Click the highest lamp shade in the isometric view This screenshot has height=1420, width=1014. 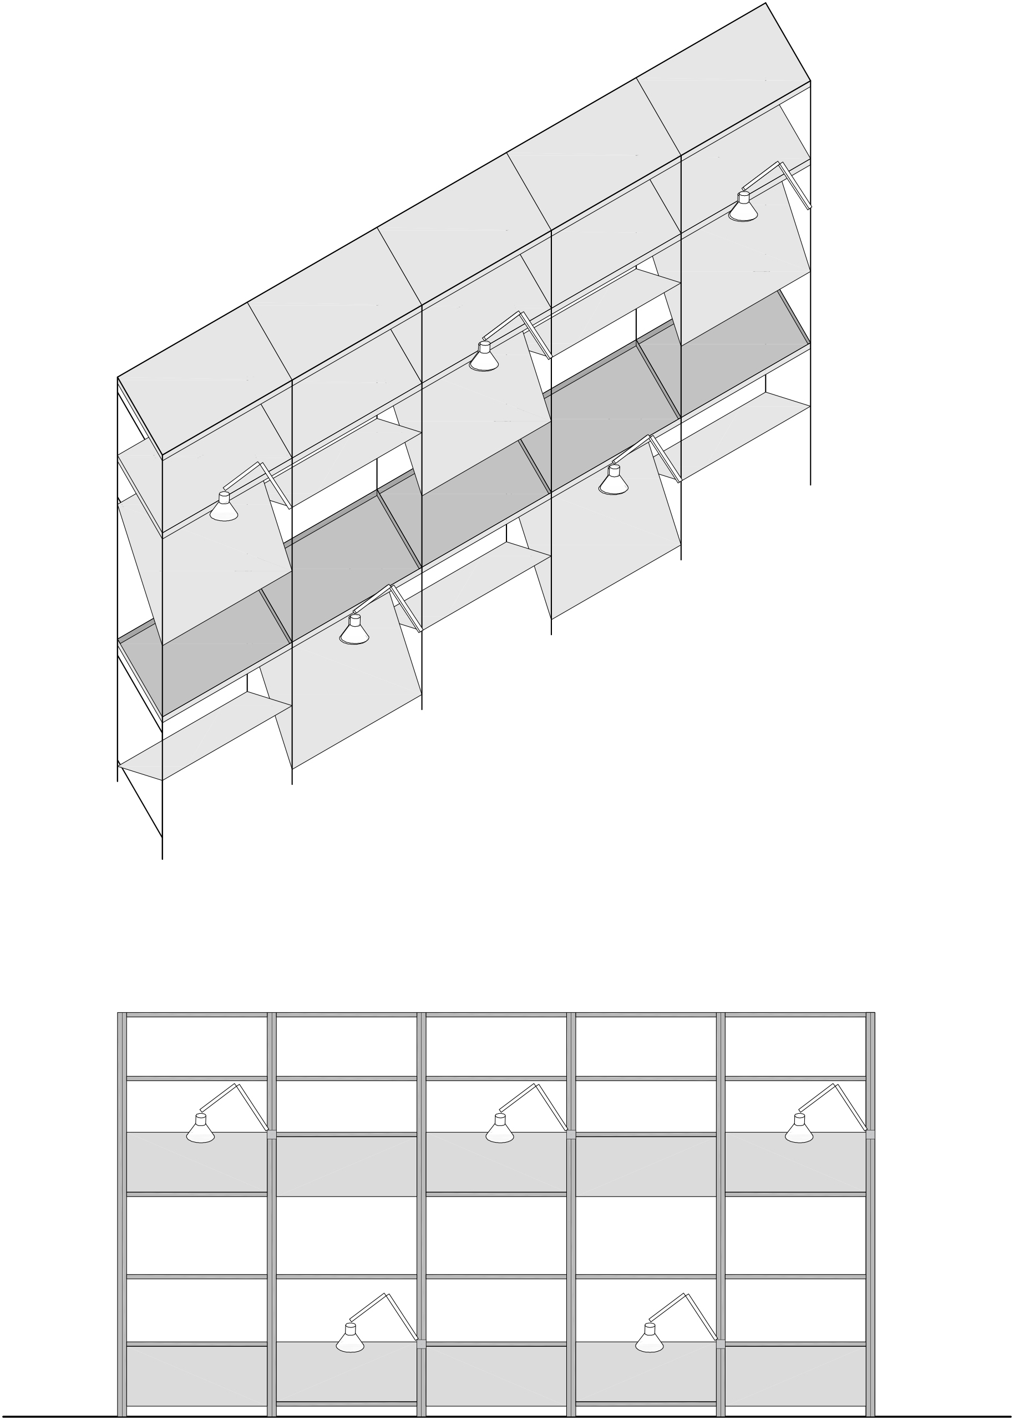tap(743, 211)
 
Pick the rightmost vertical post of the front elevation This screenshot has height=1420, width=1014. tap(870, 1217)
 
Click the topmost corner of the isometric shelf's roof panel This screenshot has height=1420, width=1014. tap(765, 4)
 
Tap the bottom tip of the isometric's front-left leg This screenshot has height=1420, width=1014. tap(163, 858)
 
